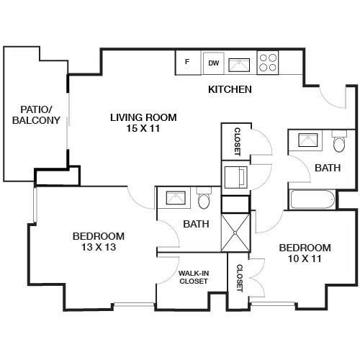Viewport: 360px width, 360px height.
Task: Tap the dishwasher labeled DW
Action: click(x=214, y=63)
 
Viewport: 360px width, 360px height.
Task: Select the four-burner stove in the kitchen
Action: click(x=268, y=63)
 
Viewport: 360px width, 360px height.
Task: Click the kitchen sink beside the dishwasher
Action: click(x=239, y=65)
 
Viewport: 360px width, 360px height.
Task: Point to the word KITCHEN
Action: click(x=230, y=89)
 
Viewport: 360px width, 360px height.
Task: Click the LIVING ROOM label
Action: click(x=143, y=117)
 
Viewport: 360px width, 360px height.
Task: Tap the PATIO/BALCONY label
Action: click(x=36, y=114)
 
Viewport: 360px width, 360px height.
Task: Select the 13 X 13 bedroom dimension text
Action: click(x=99, y=247)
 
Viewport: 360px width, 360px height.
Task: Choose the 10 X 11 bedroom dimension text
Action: click(x=305, y=258)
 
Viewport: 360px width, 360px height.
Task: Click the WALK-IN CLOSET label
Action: click(x=194, y=277)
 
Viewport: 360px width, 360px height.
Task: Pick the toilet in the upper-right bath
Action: click(x=339, y=142)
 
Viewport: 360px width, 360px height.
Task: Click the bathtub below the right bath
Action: click(x=312, y=199)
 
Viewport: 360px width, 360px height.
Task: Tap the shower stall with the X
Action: click(x=235, y=233)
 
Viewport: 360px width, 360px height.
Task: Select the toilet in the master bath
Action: click(x=204, y=199)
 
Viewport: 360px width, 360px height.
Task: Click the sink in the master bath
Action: click(x=176, y=197)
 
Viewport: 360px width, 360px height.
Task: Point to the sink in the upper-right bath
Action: click(x=308, y=140)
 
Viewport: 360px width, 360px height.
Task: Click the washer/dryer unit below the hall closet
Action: click(x=235, y=178)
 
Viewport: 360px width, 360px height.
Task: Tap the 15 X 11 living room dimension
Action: click(x=143, y=128)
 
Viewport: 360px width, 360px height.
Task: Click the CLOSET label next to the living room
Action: click(x=237, y=142)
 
